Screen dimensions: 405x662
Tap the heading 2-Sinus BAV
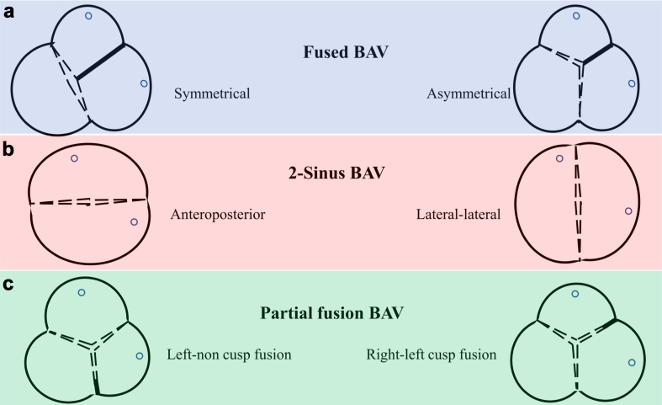click(x=331, y=179)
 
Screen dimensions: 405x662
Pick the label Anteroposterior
click(x=218, y=216)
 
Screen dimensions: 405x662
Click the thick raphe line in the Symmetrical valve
click(x=100, y=61)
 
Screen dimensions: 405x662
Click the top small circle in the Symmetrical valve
click(x=88, y=15)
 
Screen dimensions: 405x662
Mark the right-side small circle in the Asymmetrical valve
click(x=633, y=83)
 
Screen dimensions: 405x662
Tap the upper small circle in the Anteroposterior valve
click(x=74, y=158)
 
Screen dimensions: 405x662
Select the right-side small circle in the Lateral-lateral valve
click(x=628, y=211)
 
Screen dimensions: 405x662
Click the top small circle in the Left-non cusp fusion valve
click(x=82, y=292)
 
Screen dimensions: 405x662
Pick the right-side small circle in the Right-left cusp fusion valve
click(x=631, y=362)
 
